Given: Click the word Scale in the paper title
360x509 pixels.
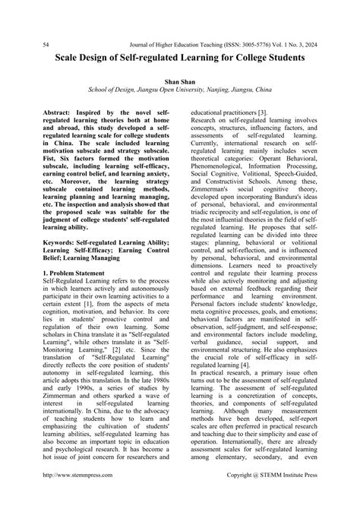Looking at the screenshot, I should pyautogui.click(x=72, y=57).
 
